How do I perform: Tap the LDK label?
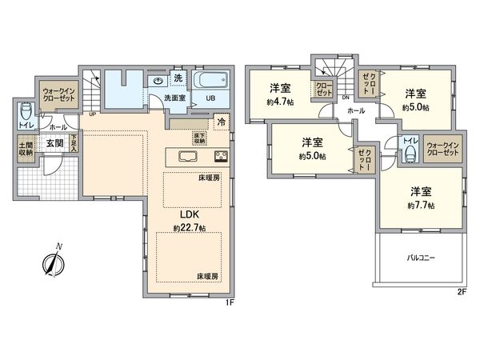(x=190, y=214)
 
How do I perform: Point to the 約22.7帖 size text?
(x=190, y=229)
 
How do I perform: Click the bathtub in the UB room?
(x=211, y=82)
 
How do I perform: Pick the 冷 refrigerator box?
(x=222, y=123)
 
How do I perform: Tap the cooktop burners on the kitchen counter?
(x=220, y=155)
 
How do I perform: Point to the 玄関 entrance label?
(x=54, y=143)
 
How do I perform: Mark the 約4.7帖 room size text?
(x=280, y=102)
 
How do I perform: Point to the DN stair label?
(x=346, y=98)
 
